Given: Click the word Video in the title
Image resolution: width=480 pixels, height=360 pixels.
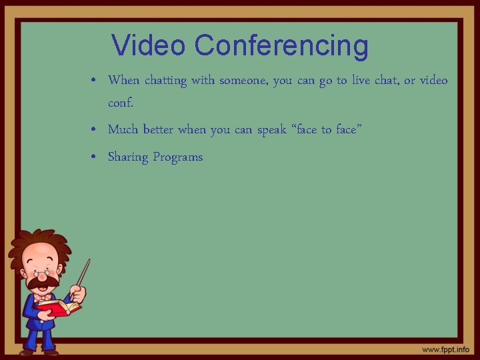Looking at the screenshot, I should click(149, 45).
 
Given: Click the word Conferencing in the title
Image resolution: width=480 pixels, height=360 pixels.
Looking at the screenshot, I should click(281, 45).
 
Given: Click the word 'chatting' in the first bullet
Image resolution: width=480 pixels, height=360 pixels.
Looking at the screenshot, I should click(165, 81).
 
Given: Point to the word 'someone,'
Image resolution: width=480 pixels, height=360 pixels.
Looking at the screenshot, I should click(244, 81).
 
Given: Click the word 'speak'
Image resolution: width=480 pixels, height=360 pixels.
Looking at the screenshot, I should click(271, 130).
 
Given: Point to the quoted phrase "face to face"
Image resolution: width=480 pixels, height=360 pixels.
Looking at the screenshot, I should click(327, 129).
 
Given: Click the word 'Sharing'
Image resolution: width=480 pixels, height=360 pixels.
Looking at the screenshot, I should click(128, 158).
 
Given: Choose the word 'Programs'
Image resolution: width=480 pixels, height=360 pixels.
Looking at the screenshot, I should click(177, 158).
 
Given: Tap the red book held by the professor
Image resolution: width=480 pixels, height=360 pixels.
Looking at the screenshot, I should click(58, 307).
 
